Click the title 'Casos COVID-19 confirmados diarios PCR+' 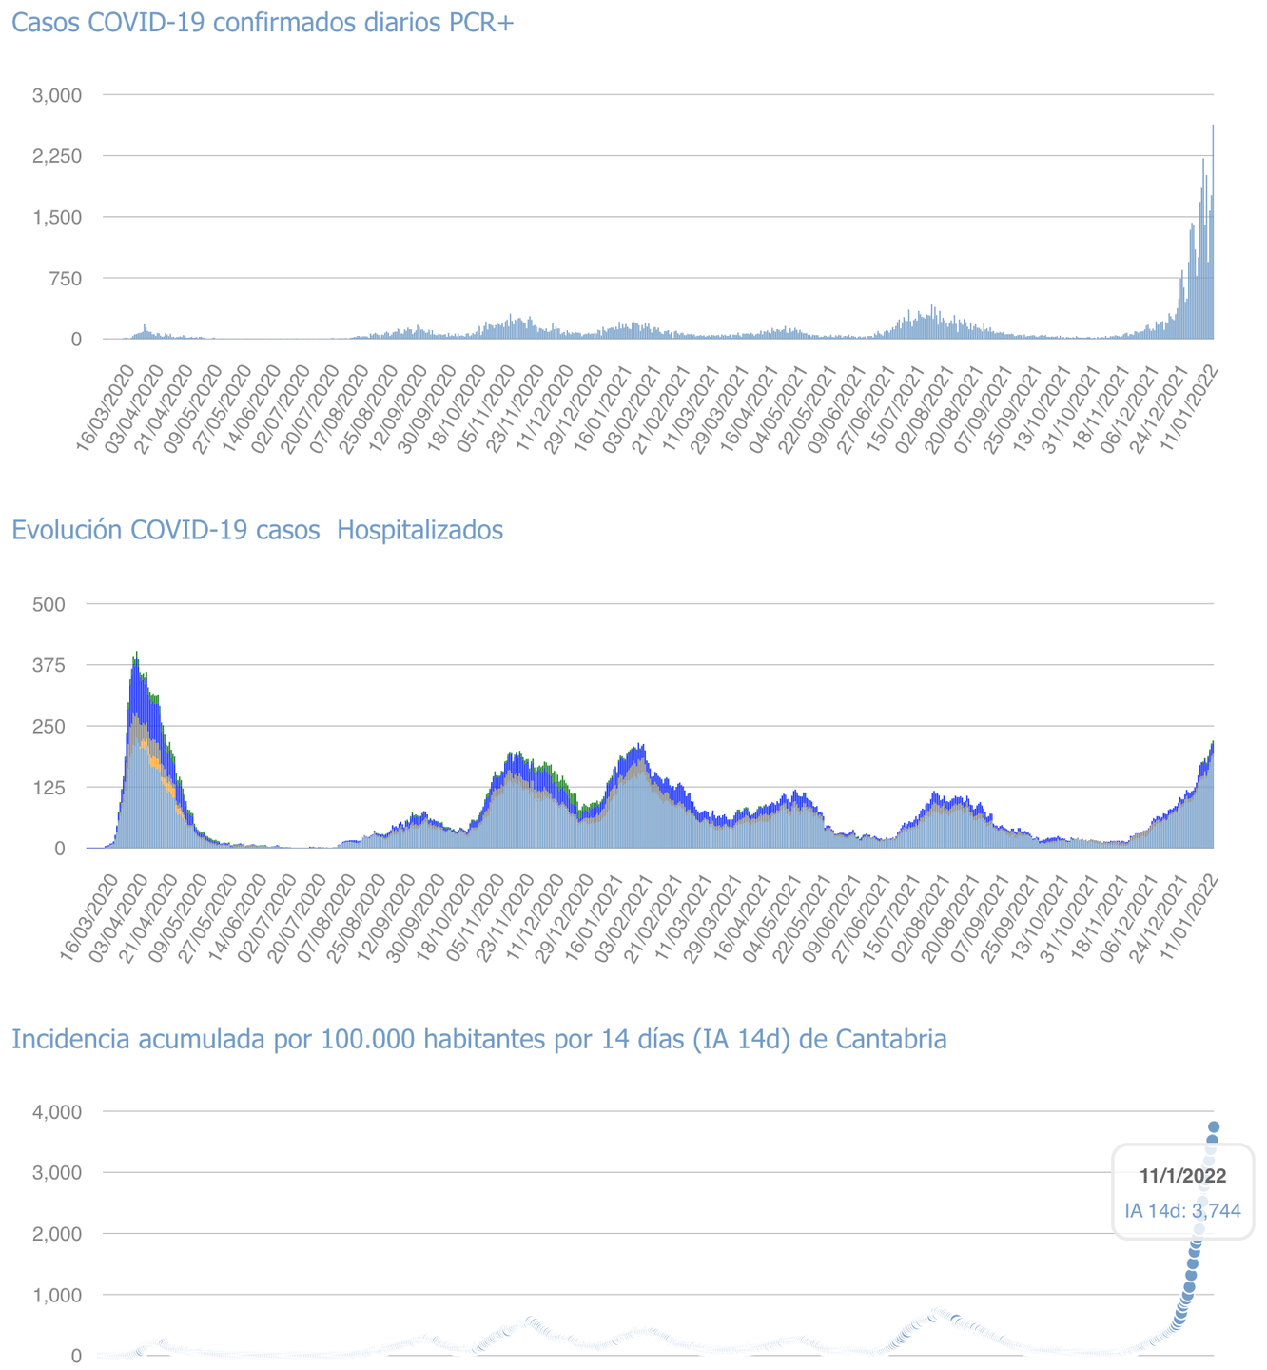pyautogui.click(x=263, y=23)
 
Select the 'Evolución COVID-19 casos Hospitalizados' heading pyautogui.click(x=257, y=530)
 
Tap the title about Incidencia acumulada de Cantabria pyautogui.click(x=478, y=1039)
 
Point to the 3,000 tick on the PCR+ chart pyautogui.click(x=58, y=95)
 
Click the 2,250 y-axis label pyautogui.click(x=58, y=156)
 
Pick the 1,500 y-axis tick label pyautogui.click(x=58, y=217)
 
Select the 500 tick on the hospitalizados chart pyautogui.click(x=49, y=604)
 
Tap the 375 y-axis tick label pyautogui.click(x=49, y=665)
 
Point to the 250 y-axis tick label pyautogui.click(x=49, y=726)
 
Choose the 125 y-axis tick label pyautogui.click(x=49, y=787)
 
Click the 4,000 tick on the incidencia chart pyautogui.click(x=58, y=1111)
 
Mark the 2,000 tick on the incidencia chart pyautogui.click(x=58, y=1233)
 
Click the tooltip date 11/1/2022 pyautogui.click(x=1182, y=1176)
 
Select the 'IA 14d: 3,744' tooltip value pyautogui.click(x=1182, y=1211)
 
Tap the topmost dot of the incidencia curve pyautogui.click(x=1214, y=1127)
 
